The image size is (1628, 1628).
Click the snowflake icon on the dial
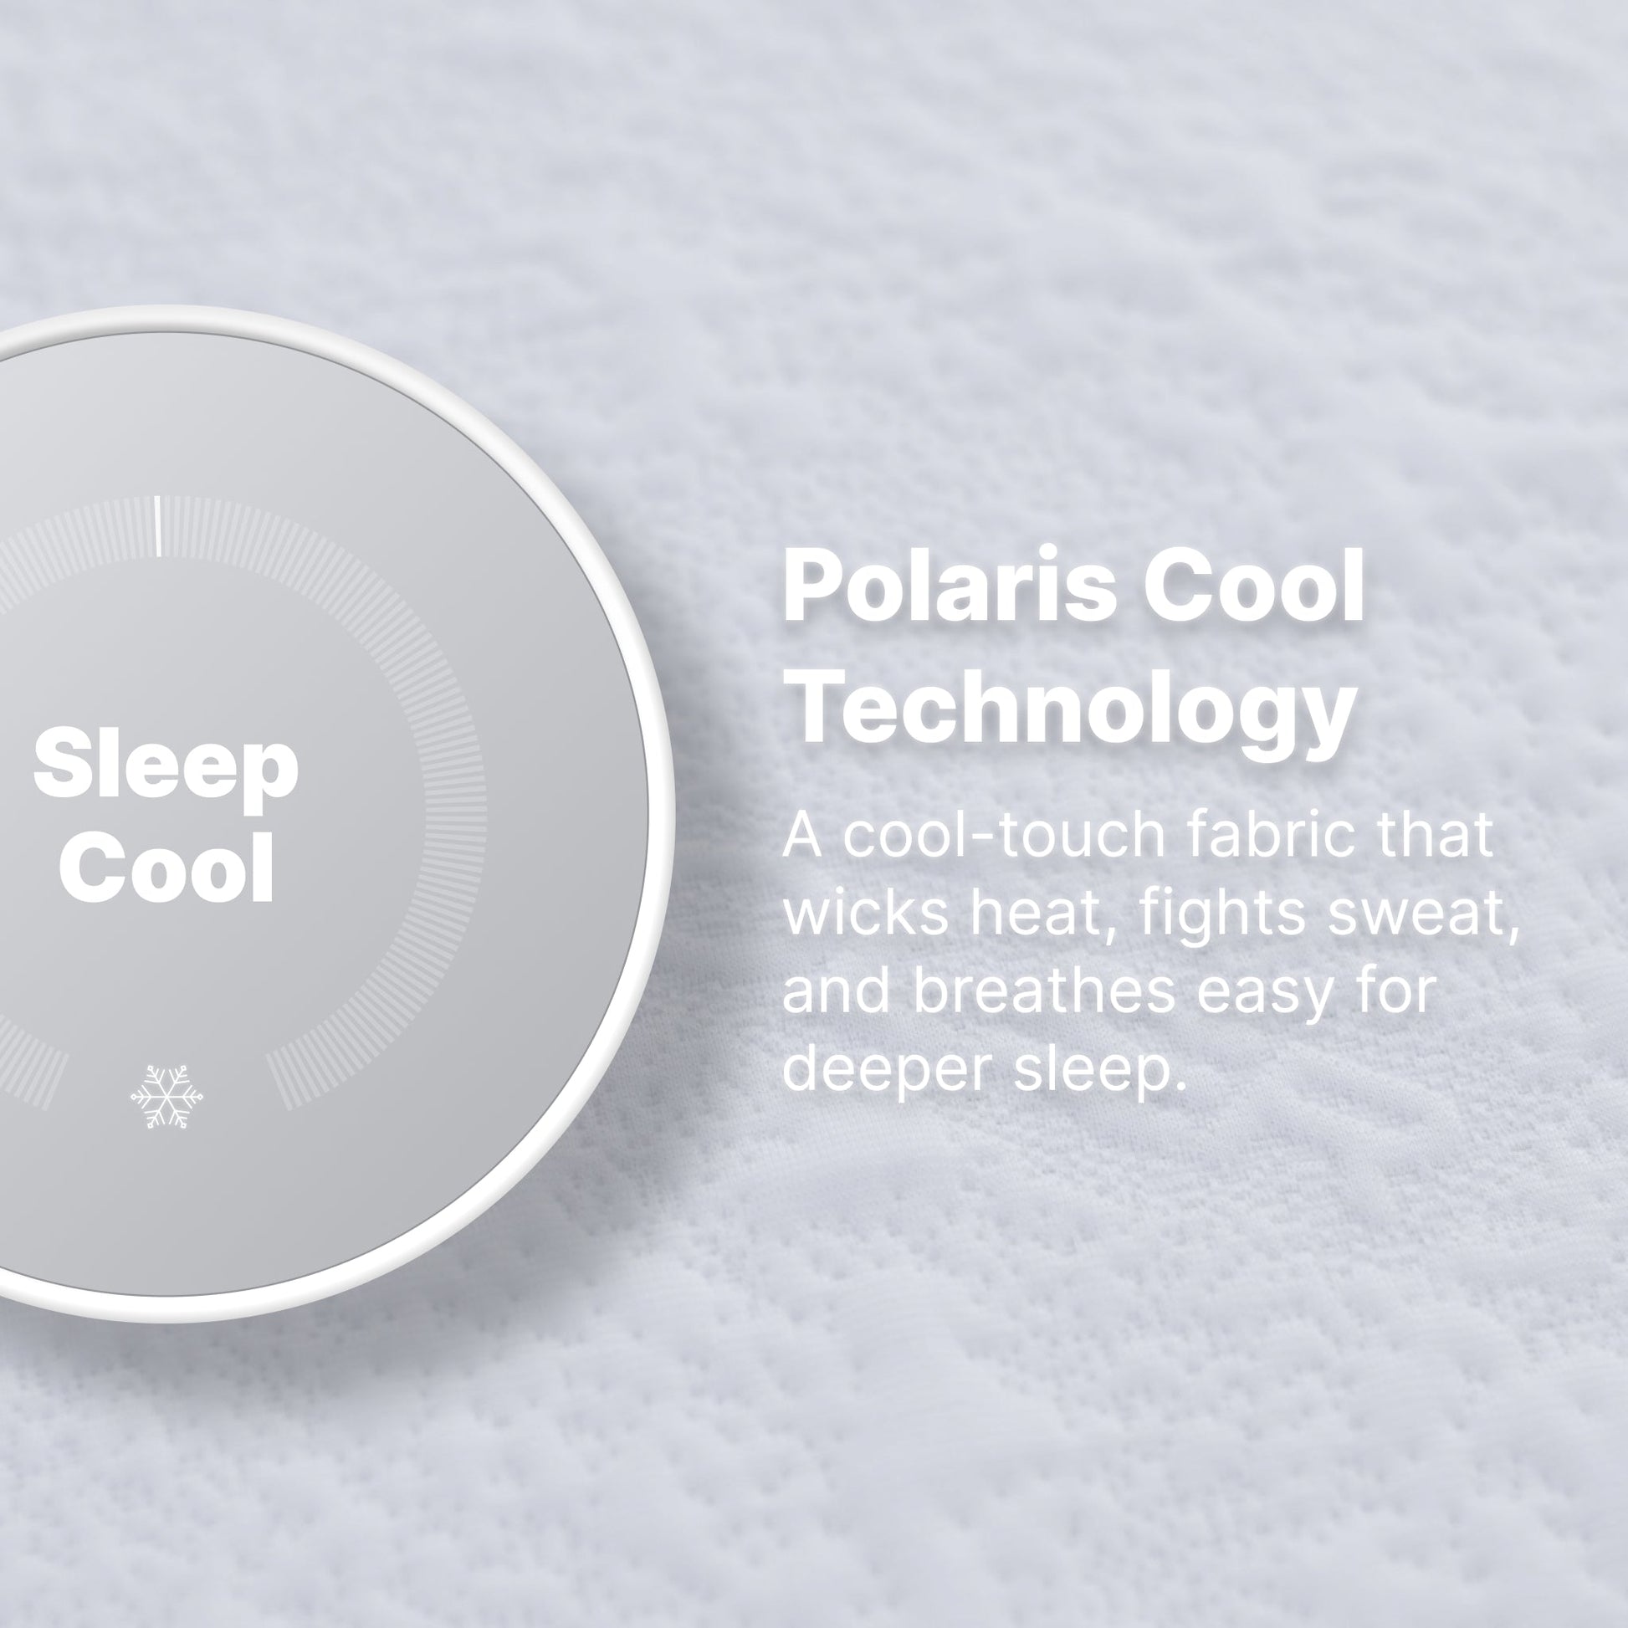point(166,1096)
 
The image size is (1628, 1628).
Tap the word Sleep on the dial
point(166,770)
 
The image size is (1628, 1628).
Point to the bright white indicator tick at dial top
point(157,527)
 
